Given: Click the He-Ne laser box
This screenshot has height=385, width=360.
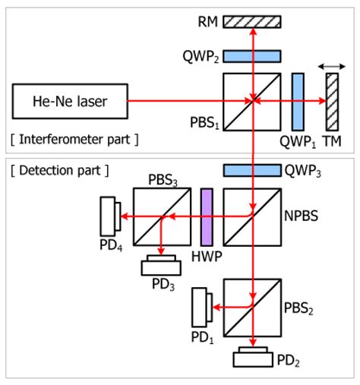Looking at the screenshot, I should pyautogui.click(x=70, y=101).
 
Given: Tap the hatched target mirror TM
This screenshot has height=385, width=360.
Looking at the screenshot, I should pyautogui.click(x=331, y=100).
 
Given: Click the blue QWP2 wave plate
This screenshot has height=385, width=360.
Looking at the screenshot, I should pyautogui.click(x=252, y=55).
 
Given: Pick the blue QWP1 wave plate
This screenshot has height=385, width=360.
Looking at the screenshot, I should pyautogui.click(x=297, y=100).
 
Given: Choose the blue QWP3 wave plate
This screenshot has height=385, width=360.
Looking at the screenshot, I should pyautogui.click(x=252, y=169).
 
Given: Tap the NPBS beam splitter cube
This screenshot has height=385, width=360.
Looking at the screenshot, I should pyautogui.click(x=252, y=217).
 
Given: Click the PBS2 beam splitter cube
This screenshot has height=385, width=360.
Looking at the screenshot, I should pyautogui.click(x=252, y=308).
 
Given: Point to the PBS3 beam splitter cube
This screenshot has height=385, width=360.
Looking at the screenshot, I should pyautogui.click(x=162, y=217).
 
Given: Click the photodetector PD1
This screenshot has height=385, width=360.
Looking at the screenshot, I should pyautogui.click(x=202, y=308).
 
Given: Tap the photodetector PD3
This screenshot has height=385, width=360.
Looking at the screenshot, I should pyautogui.click(x=162, y=266).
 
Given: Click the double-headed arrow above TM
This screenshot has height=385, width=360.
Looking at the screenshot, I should pyautogui.click(x=331, y=68).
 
